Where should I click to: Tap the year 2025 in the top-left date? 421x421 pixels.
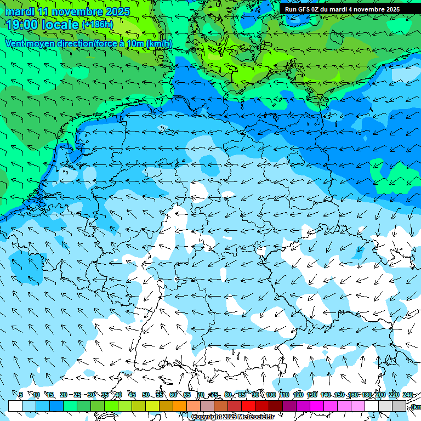[x=117, y=12]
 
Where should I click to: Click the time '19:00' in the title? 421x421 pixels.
[x=22, y=24]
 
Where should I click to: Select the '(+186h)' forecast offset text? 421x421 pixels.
[x=98, y=25]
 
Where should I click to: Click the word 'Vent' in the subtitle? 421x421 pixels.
[x=15, y=43]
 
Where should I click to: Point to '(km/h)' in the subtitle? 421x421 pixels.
[x=159, y=43]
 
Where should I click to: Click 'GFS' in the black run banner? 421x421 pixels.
[x=306, y=9]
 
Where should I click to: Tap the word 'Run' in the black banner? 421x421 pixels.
[x=291, y=9]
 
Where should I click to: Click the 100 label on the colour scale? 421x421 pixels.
[x=270, y=395]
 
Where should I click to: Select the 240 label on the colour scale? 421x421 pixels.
[x=408, y=395]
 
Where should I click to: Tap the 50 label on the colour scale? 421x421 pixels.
[x=146, y=395]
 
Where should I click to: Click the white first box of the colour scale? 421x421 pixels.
[x=15, y=406]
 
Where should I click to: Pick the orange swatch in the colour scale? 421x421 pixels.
[x=180, y=406]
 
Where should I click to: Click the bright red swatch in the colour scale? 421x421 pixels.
[x=248, y=406]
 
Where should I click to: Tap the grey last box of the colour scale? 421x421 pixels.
[x=399, y=406]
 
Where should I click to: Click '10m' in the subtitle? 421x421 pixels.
[x=135, y=43]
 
